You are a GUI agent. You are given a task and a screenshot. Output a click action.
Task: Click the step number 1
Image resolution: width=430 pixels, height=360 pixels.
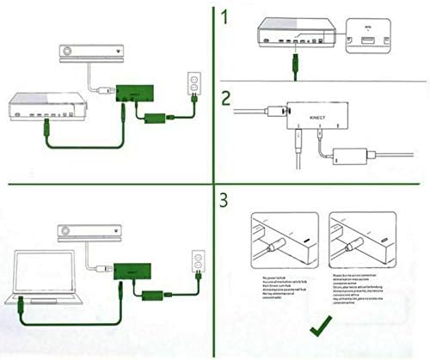pyautogui.click(x=227, y=17)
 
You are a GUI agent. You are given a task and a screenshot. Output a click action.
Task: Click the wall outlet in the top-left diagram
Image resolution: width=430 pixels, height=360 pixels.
pyautogui.click(x=195, y=83)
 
